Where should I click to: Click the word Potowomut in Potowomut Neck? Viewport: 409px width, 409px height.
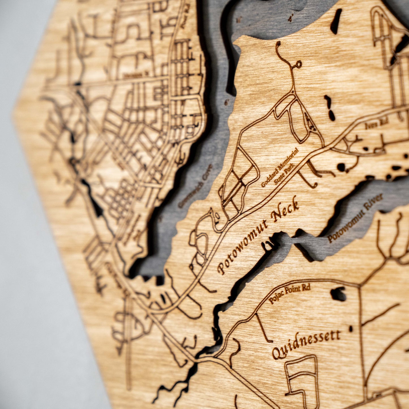tap(242, 246)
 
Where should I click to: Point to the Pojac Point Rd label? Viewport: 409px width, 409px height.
tap(289, 294)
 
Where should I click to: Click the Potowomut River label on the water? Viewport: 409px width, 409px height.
tap(355, 218)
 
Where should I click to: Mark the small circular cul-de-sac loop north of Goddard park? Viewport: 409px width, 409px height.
tap(298, 65)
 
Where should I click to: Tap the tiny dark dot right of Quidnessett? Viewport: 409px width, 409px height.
tap(351, 329)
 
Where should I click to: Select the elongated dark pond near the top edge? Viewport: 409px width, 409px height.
tap(336, 21)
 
